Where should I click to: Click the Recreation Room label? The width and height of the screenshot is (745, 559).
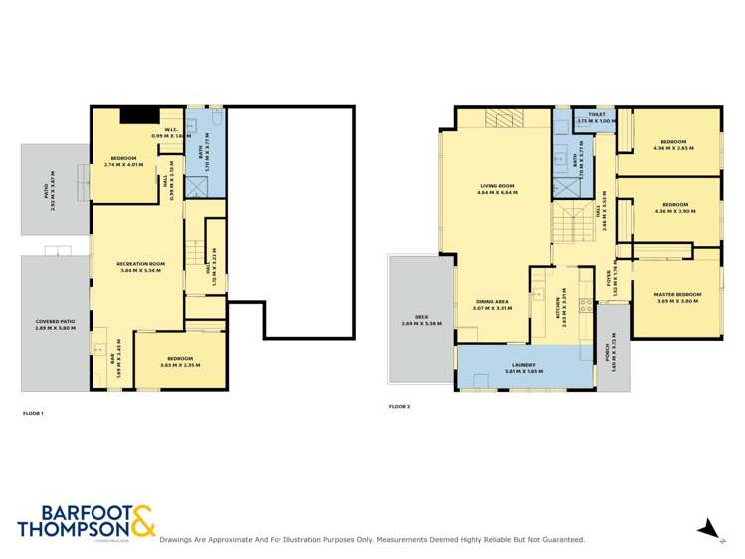pos(142,263)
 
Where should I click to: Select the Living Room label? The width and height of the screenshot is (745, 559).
pos(497,186)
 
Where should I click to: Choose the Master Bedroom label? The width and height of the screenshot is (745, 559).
pos(677,295)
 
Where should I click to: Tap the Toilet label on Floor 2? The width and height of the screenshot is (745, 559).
pos(597,115)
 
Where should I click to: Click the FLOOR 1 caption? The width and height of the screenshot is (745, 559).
pos(33,412)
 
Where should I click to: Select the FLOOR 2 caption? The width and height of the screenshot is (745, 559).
pos(399,406)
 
